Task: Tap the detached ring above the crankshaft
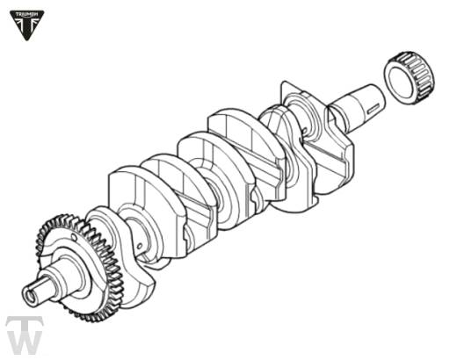[x=409, y=77]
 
